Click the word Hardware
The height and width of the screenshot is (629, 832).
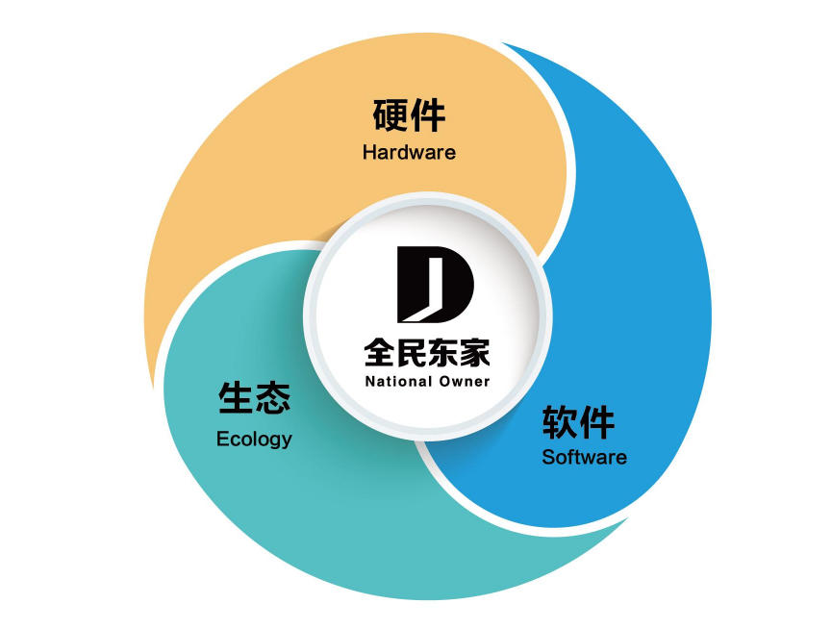(409, 152)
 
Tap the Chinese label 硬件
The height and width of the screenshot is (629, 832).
(409, 114)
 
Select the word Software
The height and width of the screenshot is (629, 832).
(584, 457)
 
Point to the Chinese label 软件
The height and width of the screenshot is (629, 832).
(578, 422)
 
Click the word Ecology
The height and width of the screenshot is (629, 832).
(254, 440)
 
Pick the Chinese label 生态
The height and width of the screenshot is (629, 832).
(254, 397)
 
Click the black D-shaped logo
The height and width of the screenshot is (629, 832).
(435, 285)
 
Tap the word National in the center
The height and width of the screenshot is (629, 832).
(398, 381)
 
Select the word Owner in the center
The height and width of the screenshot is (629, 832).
(465, 381)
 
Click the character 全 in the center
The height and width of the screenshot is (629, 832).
(379, 353)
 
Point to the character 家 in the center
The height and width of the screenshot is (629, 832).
(475, 353)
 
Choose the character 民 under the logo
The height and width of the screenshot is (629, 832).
(412, 353)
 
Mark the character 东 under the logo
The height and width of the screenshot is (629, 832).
(443, 353)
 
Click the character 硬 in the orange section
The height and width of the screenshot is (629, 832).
(391, 114)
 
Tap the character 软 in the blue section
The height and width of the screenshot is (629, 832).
(560, 422)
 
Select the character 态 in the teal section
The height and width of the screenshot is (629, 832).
(273, 397)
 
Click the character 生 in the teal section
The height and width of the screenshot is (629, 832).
(236, 397)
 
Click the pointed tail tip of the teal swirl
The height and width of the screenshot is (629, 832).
(628, 518)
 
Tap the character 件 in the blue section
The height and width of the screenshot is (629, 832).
(597, 422)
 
